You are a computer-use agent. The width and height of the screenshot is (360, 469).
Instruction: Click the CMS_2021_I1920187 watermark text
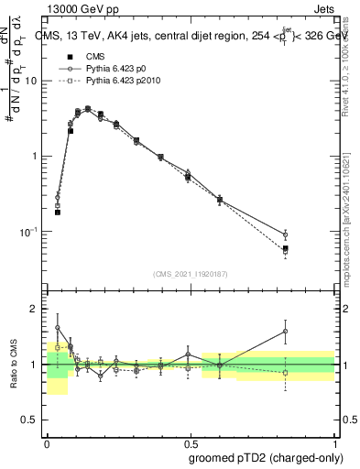pyautogui.click(x=191, y=274)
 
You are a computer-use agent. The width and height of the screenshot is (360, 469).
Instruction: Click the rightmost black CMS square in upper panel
pyautogui.click(x=285, y=248)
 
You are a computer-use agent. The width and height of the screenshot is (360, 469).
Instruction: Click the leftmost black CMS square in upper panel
pyautogui.click(x=57, y=212)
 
